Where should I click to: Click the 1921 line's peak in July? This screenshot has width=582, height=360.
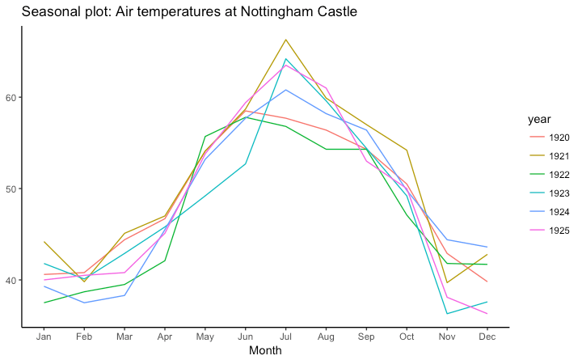click(285, 40)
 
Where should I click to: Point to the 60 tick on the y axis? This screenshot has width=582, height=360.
click(22, 97)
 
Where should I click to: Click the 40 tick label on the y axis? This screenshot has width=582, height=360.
click(22, 280)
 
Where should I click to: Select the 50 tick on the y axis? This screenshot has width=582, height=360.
click(22, 188)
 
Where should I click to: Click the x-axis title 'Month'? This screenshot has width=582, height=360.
click(265, 351)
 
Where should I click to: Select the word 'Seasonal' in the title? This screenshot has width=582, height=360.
click(48, 12)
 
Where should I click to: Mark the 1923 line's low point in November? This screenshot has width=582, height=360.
click(446, 314)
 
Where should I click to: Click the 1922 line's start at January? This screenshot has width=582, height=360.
click(44, 303)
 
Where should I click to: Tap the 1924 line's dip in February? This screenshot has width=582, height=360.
click(84, 303)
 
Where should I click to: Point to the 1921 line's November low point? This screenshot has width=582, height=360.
click(446, 282)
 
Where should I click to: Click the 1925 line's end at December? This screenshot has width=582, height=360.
click(487, 314)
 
